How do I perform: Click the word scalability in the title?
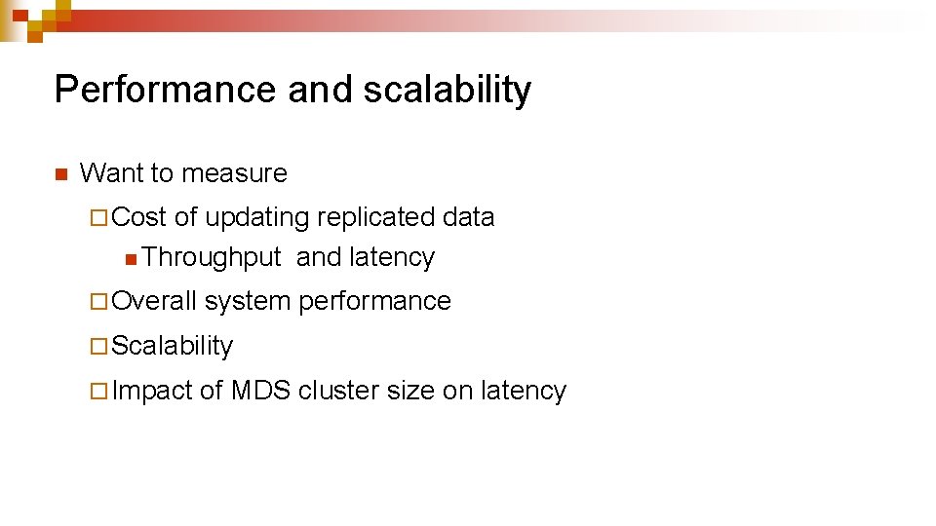tap(448, 90)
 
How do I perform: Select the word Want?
tap(108, 173)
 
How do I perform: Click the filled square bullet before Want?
tap(59, 175)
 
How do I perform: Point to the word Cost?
tap(139, 217)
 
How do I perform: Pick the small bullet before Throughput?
tap(131, 259)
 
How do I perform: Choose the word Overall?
tap(154, 301)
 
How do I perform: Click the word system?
tap(248, 301)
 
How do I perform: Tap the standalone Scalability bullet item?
tap(173, 346)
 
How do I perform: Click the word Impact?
tap(152, 391)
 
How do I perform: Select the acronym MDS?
tap(260, 391)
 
